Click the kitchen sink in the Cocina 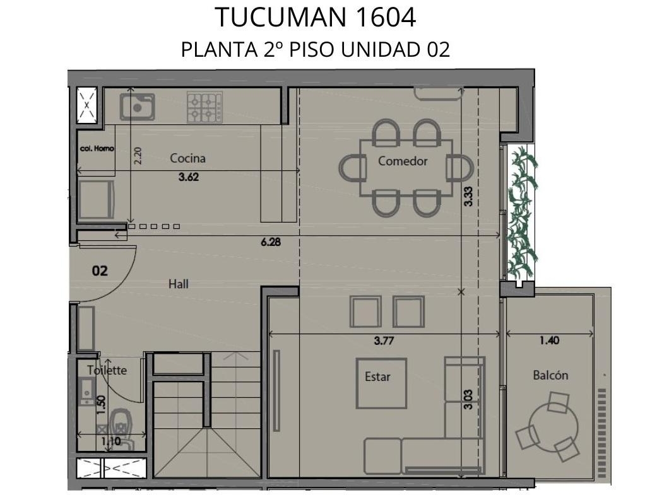click(x=137, y=107)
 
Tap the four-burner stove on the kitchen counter click(x=204, y=107)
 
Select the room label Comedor click(x=403, y=161)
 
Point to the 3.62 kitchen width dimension click(x=189, y=177)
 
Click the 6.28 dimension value click(x=271, y=242)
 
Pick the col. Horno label click(x=97, y=149)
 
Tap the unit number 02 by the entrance click(x=100, y=271)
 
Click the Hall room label click(x=179, y=284)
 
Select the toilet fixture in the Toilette click(x=121, y=427)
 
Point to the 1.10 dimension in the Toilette click(x=111, y=441)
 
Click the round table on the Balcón click(x=553, y=426)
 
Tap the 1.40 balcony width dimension click(x=549, y=341)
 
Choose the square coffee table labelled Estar click(x=381, y=383)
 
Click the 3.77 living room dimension click(x=384, y=341)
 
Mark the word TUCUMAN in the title click(x=281, y=18)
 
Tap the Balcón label click(x=550, y=375)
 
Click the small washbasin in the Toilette click(x=86, y=391)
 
